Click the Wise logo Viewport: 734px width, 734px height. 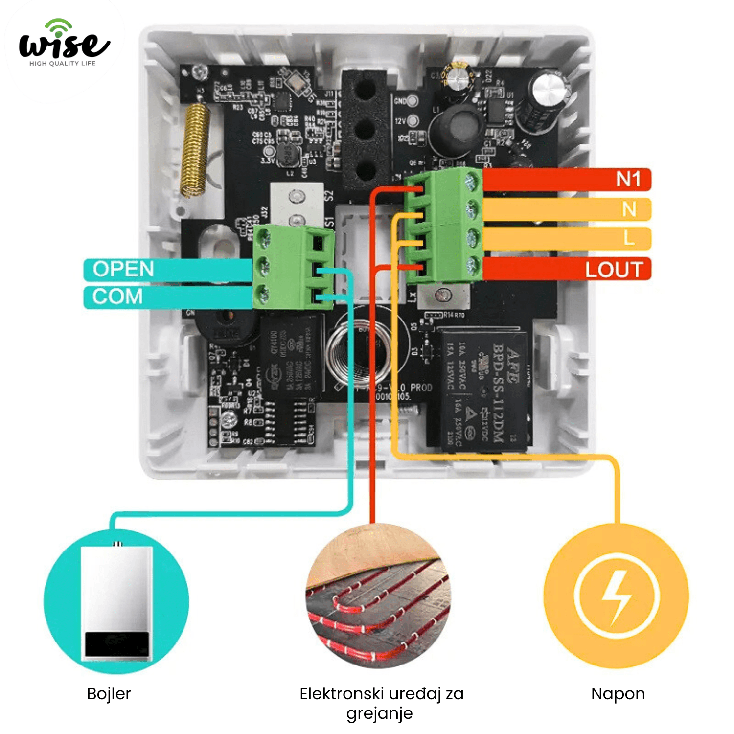pos(64,44)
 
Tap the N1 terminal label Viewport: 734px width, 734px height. pos(628,180)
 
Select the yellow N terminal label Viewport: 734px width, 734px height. pos(629,209)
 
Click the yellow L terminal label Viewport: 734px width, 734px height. pos(629,239)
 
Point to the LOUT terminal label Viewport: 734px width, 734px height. pos(614,270)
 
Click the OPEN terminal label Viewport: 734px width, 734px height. pos(123,269)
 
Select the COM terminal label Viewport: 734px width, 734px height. pos(117,297)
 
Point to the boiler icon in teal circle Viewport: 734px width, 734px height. pos(116,601)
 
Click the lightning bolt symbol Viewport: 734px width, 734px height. pos(616,597)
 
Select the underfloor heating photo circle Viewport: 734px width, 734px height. pos(378,596)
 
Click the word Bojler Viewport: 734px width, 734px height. pos(109,694)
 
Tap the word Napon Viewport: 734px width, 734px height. pos(618,694)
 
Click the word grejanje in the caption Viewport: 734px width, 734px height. pos(379,714)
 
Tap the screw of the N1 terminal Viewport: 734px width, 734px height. pos(471,182)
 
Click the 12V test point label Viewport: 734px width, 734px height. pos(400,121)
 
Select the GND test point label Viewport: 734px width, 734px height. pos(400,101)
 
